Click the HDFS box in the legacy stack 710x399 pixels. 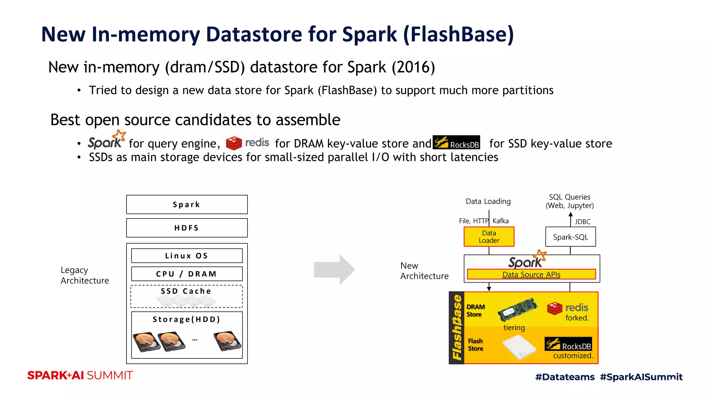pyautogui.click(x=187, y=228)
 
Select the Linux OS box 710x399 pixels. pyautogui.click(x=187, y=256)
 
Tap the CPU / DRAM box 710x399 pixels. pyautogui.click(x=187, y=274)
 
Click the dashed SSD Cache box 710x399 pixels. pyautogui.click(x=187, y=296)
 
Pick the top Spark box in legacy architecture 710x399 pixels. pyautogui.click(x=187, y=204)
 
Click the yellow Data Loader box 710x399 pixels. pyautogui.click(x=489, y=237)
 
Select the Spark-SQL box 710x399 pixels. pyautogui.click(x=570, y=237)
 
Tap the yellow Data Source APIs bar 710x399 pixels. pyautogui.click(x=531, y=274)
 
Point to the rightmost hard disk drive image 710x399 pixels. pyautogui.click(x=228, y=341)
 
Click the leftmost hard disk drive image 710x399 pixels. pyautogui.click(x=146, y=342)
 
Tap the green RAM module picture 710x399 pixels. pyautogui.click(x=518, y=309)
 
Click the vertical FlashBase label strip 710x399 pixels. pyautogui.click(x=457, y=328)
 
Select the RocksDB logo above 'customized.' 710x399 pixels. pyautogui.click(x=568, y=344)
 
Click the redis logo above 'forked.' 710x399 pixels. pyautogui.click(x=568, y=308)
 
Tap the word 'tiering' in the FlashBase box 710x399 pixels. pyautogui.click(x=514, y=327)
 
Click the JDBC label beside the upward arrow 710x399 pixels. pyautogui.click(x=582, y=222)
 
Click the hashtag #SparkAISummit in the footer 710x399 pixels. pyautogui.click(x=641, y=377)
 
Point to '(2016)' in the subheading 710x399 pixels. pyautogui.click(x=413, y=67)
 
